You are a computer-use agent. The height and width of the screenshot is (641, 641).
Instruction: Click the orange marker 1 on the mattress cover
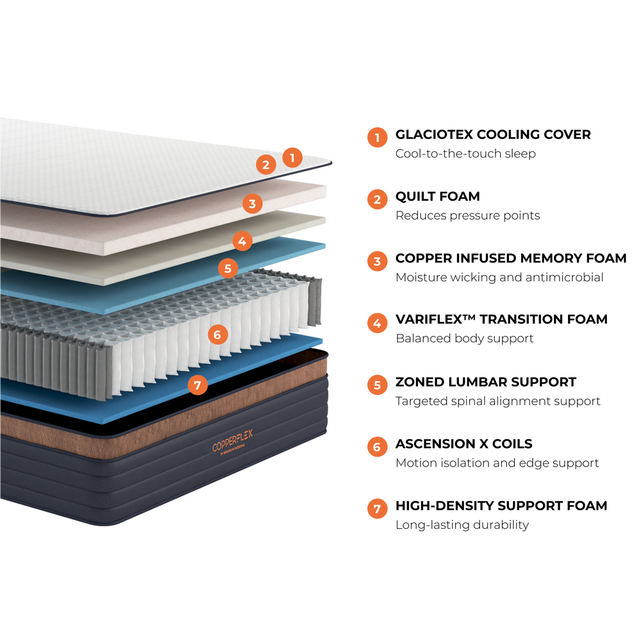tap(292, 157)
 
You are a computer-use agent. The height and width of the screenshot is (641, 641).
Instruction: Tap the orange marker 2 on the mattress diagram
tap(266, 165)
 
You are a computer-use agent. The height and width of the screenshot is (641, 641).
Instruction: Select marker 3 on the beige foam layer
tap(253, 204)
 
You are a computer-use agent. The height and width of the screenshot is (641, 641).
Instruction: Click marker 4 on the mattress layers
tap(242, 242)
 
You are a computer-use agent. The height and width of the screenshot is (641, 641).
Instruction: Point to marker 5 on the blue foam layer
tap(228, 267)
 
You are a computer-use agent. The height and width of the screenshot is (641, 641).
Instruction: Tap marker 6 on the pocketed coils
tap(217, 334)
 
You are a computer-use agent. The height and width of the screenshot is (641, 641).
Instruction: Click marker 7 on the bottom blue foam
tap(197, 385)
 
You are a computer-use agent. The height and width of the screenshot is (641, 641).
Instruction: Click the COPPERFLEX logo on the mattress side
tap(233, 440)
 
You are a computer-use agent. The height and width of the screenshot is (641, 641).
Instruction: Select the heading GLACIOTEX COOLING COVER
tap(492, 135)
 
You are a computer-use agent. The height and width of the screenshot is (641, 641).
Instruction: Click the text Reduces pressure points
tap(467, 215)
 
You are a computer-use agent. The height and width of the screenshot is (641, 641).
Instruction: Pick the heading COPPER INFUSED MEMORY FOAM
tap(510, 258)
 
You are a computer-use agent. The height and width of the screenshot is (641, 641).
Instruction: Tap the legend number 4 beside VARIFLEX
tap(377, 323)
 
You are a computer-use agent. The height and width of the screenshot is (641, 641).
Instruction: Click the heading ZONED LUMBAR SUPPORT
tap(485, 382)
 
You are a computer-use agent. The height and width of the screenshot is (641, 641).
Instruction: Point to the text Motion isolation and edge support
tap(497, 463)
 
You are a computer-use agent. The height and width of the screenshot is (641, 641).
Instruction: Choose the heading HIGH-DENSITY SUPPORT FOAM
tap(501, 506)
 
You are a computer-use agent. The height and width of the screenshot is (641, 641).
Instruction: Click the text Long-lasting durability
tap(462, 525)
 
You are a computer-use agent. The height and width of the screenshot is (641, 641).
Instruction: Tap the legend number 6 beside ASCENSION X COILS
tap(377, 447)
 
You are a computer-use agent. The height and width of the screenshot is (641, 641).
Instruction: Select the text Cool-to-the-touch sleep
tap(465, 154)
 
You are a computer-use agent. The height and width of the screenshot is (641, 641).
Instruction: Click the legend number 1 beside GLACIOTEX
tap(377, 138)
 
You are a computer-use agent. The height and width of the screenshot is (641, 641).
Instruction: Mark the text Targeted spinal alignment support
tap(497, 401)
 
